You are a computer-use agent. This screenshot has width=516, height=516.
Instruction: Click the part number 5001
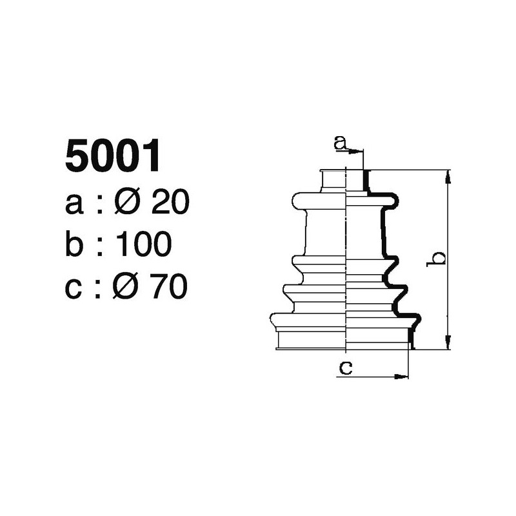click(112, 157)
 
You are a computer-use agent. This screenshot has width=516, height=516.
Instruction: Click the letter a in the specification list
click(75, 206)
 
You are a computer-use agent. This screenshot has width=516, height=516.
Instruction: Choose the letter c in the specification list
click(75, 288)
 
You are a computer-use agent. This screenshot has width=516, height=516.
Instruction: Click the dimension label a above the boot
click(340, 142)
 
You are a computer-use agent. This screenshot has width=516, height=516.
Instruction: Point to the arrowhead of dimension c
click(405, 376)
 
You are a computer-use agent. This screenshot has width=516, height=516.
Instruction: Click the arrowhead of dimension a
click(359, 152)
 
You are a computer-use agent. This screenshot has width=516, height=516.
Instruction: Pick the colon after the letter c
click(100, 288)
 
